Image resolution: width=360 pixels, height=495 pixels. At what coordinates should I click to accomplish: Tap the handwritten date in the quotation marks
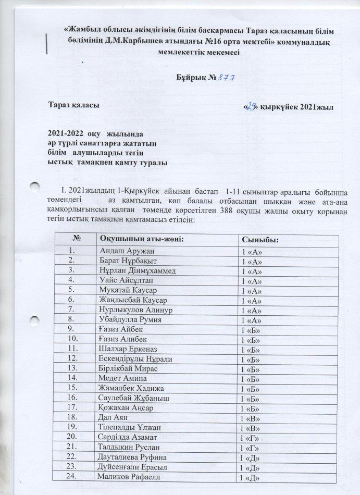click(x=253, y=106)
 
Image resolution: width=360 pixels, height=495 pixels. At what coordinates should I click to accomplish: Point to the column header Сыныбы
click(x=258, y=240)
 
